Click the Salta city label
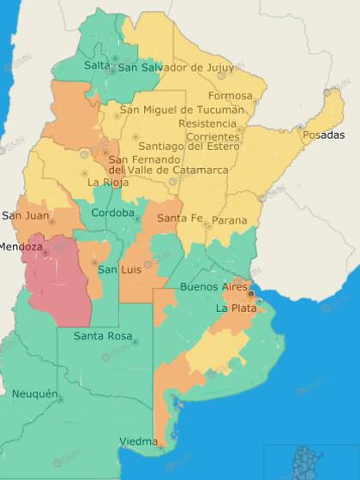[x=98, y=66]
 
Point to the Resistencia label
[x=207, y=123]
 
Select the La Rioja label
[x=107, y=183]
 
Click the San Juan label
[x=26, y=215]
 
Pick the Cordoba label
[x=112, y=213]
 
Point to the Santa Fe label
[x=179, y=219]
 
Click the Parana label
[x=229, y=221]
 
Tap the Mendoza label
[x=21, y=248]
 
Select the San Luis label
[x=118, y=270]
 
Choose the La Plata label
[x=234, y=308]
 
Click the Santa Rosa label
[x=102, y=336]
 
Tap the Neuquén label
[x=35, y=394]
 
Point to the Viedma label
[x=138, y=441]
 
